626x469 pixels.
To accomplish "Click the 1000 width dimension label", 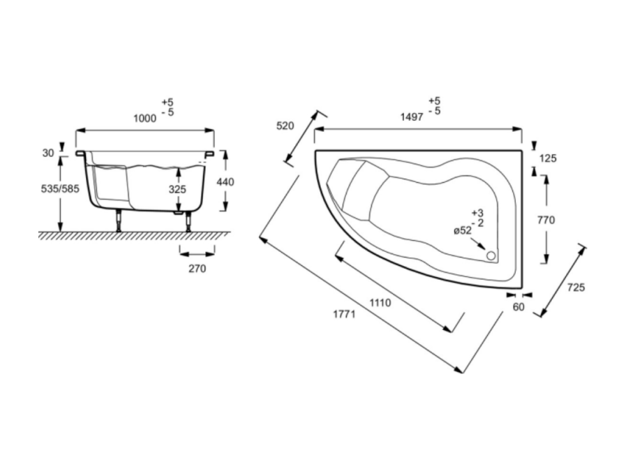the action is pyautogui.click(x=145, y=119).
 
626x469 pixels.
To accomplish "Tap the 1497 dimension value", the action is pyautogui.click(x=412, y=117).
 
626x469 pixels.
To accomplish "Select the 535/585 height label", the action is pyautogui.click(x=60, y=188).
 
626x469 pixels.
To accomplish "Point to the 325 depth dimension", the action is pyautogui.click(x=177, y=189).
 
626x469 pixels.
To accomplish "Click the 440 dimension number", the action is pyautogui.click(x=225, y=182).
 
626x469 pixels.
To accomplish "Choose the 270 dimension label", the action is pyautogui.click(x=198, y=269).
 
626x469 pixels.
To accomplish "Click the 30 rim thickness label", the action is pyautogui.click(x=48, y=153).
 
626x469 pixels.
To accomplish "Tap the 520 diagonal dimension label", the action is pyautogui.click(x=285, y=126).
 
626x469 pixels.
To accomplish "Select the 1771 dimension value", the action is pyautogui.click(x=344, y=314).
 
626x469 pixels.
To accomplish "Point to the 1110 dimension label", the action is pyautogui.click(x=380, y=303).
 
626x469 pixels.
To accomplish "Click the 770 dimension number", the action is pyautogui.click(x=546, y=220).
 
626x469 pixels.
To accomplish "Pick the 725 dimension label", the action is pyautogui.click(x=576, y=288).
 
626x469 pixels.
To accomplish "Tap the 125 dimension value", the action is pyautogui.click(x=548, y=158).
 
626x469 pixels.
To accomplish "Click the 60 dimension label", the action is pyautogui.click(x=519, y=307).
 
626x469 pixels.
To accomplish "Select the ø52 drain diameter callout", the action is pyautogui.click(x=463, y=230).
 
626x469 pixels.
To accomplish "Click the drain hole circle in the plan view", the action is pyautogui.click(x=491, y=255).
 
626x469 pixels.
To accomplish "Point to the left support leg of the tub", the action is pyautogui.click(x=119, y=221).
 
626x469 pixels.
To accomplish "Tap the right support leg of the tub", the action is pyautogui.click(x=188, y=221).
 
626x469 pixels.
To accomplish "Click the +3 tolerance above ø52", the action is pyautogui.click(x=477, y=213).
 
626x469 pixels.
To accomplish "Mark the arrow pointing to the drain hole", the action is pyautogui.click(x=478, y=244).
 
